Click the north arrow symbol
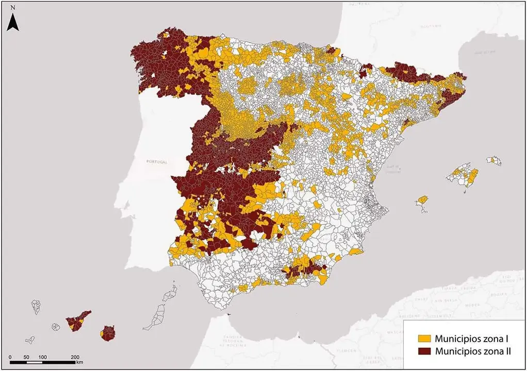click(13, 23)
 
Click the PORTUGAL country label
click(157, 162)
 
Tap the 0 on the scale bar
click(11, 357)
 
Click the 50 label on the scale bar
click(26, 357)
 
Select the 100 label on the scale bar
click(43, 357)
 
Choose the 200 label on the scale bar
click(75, 357)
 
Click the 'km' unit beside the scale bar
click(79, 362)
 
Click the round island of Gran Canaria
click(108, 333)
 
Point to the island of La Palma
click(36, 307)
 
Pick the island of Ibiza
click(422, 201)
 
